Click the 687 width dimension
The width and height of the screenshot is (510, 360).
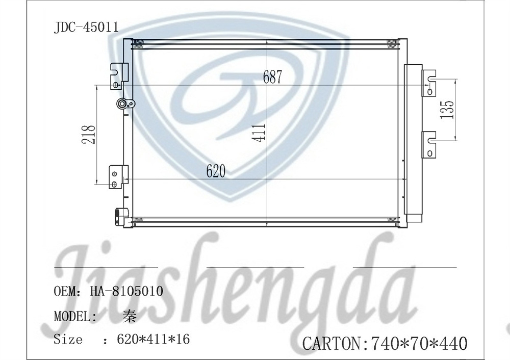[x=272, y=77]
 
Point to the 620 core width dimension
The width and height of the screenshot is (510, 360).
[x=216, y=171]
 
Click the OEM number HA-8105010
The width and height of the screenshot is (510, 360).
[x=127, y=291]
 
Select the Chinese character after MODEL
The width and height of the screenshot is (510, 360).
[x=130, y=316]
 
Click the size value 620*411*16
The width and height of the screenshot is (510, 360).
[x=153, y=339]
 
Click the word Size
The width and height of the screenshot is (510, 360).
[x=68, y=339]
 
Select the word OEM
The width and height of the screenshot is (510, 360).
[x=65, y=291]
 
